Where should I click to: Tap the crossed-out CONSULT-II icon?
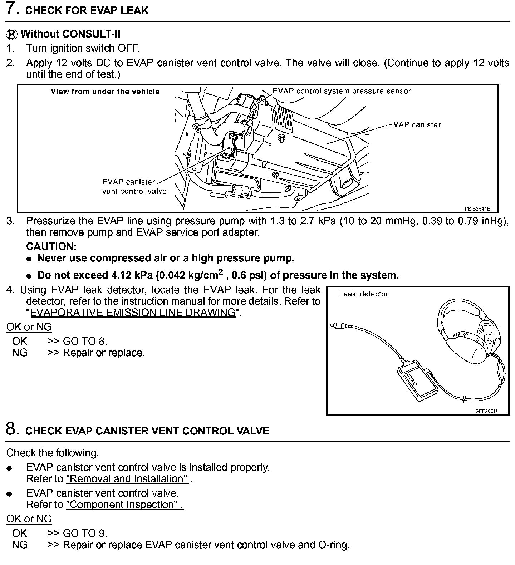(x=11, y=34)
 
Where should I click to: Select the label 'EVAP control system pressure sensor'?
(x=342, y=91)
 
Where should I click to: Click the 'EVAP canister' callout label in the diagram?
(x=414, y=124)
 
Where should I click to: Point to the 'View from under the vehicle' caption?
(x=105, y=92)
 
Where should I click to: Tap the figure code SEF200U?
(x=486, y=411)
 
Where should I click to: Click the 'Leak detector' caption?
(x=363, y=294)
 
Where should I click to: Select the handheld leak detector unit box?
(x=417, y=381)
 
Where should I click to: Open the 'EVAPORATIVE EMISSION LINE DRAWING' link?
(x=133, y=313)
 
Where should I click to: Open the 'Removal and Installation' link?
(x=127, y=479)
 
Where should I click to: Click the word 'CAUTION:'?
(x=51, y=246)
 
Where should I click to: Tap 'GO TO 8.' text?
(x=85, y=341)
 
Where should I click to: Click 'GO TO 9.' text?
(x=85, y=533)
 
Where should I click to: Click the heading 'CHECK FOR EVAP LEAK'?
(x=87, y=10)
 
